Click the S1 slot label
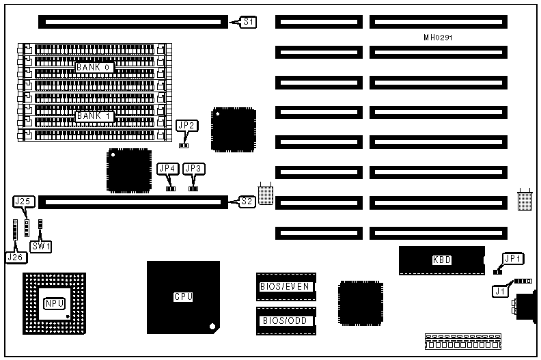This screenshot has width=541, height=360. (x=249, y=23)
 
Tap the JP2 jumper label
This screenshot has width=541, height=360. (x=186, y=126)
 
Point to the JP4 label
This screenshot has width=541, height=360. (x=167, y=168)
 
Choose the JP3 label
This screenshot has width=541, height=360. (x=194, y=168)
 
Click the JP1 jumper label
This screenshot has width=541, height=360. (x=512, y=259)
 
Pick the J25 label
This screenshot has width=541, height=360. (x=23, y=202)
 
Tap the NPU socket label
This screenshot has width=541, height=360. (x=53, y=303)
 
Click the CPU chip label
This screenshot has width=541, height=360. (x=182, y=297)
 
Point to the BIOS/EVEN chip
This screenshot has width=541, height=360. (x=286, y=287)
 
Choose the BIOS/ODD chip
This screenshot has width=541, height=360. (x=286, y=320)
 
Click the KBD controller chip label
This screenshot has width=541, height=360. (x=442, y=260)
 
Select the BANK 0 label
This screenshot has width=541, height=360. (x=94, y=67)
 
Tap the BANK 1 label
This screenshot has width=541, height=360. (x=94, y=115)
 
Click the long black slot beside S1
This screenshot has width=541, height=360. (x=130, y=23)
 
